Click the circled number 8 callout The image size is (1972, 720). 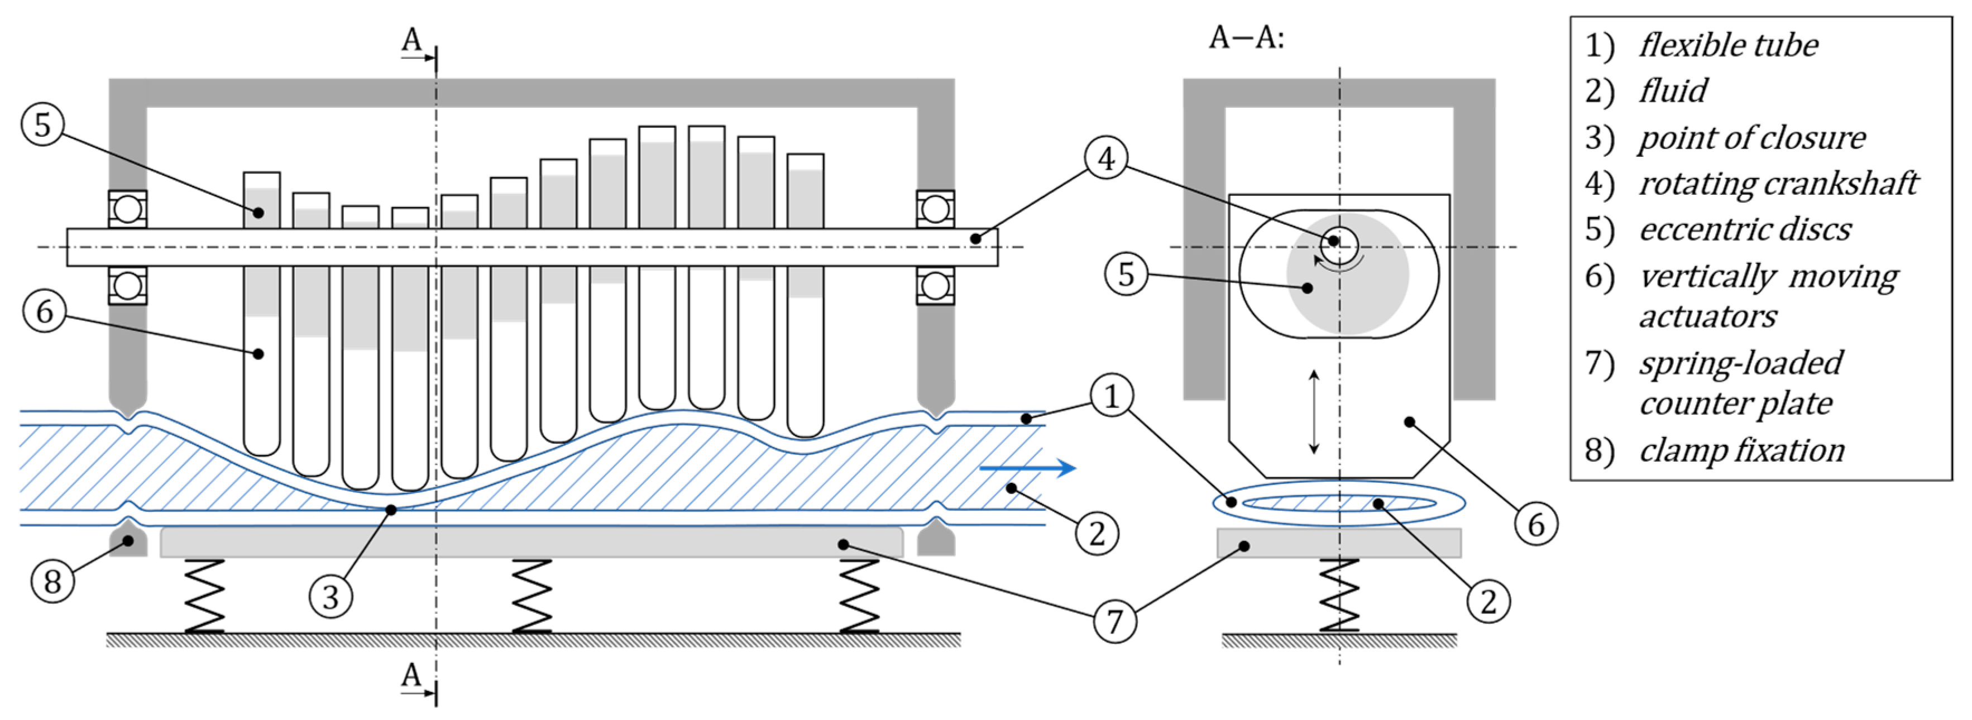pos(52,582)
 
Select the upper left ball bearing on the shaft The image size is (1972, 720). pos(127,209)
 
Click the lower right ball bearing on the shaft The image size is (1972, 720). pos(935,285)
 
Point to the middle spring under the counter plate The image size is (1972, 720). pos(532,596)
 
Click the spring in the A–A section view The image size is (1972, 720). pos(1339,596)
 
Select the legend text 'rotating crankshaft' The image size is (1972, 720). pos(1778,184)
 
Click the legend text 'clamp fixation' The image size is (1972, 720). pos(1741,450)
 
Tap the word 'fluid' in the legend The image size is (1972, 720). pos(1673,91)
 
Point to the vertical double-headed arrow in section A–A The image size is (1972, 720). pos(1314,412)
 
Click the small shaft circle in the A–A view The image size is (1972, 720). pos(1339,245)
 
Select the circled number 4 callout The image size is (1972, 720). pos(1106,159)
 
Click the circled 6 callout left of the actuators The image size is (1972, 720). pos(45,312)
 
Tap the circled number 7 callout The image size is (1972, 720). pos(1114,621)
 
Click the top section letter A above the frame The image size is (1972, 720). pos(412,39)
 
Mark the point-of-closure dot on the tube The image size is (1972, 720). pos(391,509)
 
